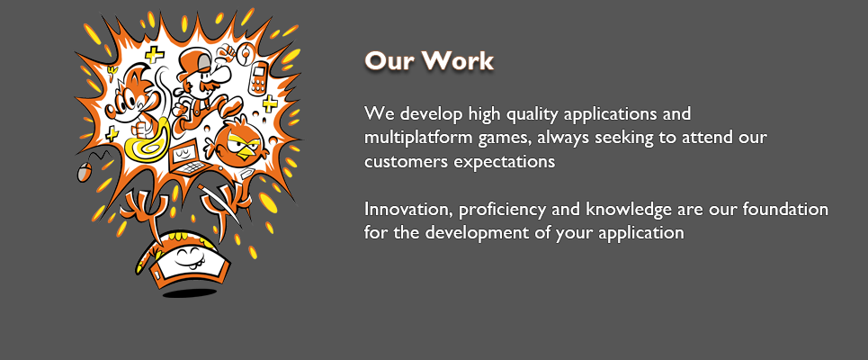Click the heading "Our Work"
(428, 61)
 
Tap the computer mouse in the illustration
(84, 173)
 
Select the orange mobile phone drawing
(258, 78)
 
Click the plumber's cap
(193, 57)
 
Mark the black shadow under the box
(188, 291)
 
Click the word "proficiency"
(502, 211)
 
